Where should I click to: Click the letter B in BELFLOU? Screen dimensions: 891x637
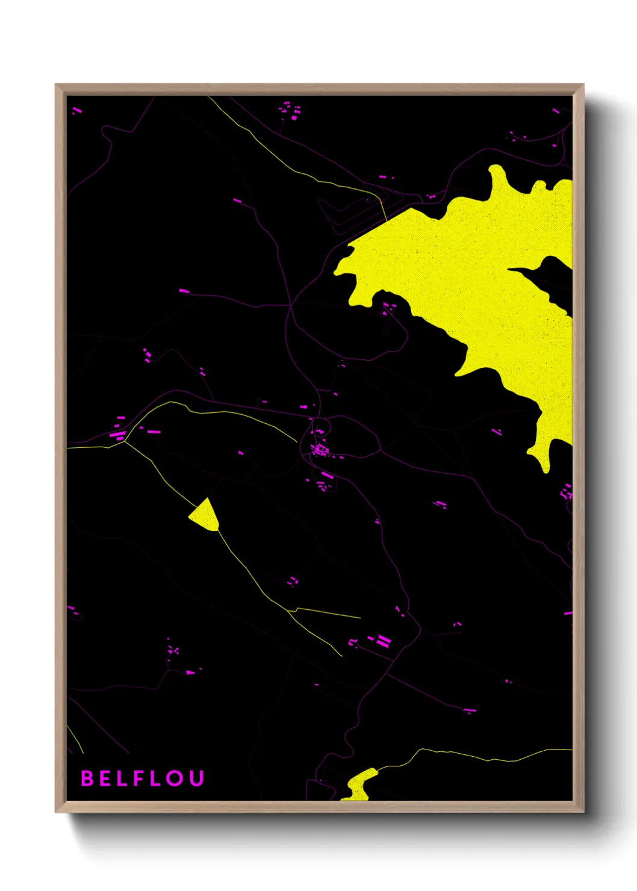[87, 778]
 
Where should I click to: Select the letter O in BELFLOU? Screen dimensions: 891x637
[175, 778]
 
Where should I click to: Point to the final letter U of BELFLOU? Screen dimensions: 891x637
[196, 778]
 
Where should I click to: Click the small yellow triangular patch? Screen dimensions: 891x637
[205, 515]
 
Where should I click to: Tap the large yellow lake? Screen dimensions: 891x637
[482, 271]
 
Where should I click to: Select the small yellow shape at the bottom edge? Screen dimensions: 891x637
[359, 786]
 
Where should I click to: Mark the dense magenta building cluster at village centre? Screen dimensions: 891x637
[320, 449]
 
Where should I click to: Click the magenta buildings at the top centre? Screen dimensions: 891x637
[290, 111]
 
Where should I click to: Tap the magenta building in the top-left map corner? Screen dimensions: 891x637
[77, 111]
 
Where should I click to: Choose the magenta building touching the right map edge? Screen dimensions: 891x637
[568, 613]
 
